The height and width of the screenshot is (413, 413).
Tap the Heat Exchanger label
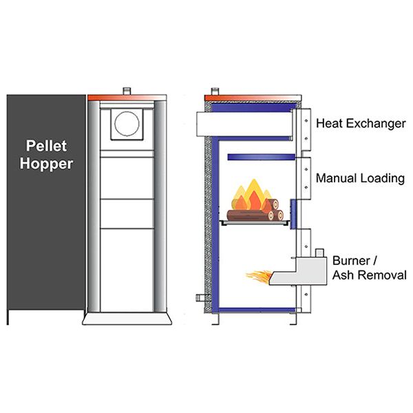(x=360, y=124)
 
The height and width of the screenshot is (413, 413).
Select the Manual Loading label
(x=360, y=178)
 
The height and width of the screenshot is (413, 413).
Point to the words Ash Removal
(x=369, y=275)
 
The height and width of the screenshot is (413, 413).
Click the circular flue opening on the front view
(x=127, y=124)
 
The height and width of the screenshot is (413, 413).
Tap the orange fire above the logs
(x=251, y=196)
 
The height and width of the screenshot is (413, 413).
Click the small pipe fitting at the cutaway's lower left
(x=200, y=298)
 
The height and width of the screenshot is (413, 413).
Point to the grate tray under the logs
(x=255, y=222)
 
